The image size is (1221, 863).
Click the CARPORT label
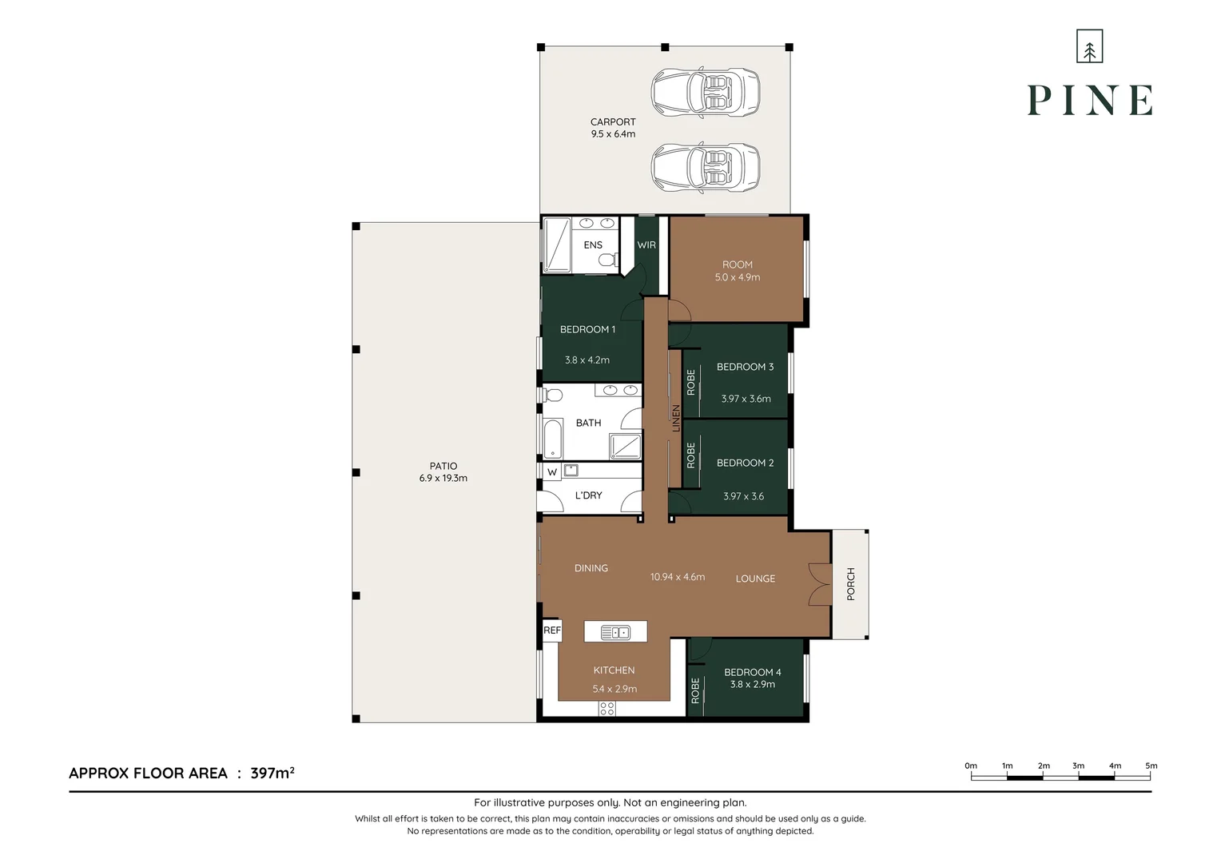point(613,128)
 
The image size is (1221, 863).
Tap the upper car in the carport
point(705,92)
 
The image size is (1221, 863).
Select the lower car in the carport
point(705,167)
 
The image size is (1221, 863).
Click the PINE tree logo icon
point(1089,46)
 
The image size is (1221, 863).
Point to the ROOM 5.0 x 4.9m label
point(737,271)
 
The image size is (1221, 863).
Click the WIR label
point(646,245)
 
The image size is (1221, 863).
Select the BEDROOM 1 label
point(587,329)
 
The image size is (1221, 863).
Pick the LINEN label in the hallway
point(675,418)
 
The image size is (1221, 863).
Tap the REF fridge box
point(552,630)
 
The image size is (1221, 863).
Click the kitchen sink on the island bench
point(615,633)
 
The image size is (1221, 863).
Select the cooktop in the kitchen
point(607,708)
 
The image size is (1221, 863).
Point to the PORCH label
point(850,584)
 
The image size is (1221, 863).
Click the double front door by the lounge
point(819,584)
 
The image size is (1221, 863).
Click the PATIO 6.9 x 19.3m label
point(443,472)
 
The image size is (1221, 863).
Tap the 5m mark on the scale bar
point(1151,766)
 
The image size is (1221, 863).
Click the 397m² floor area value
point(272,773)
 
